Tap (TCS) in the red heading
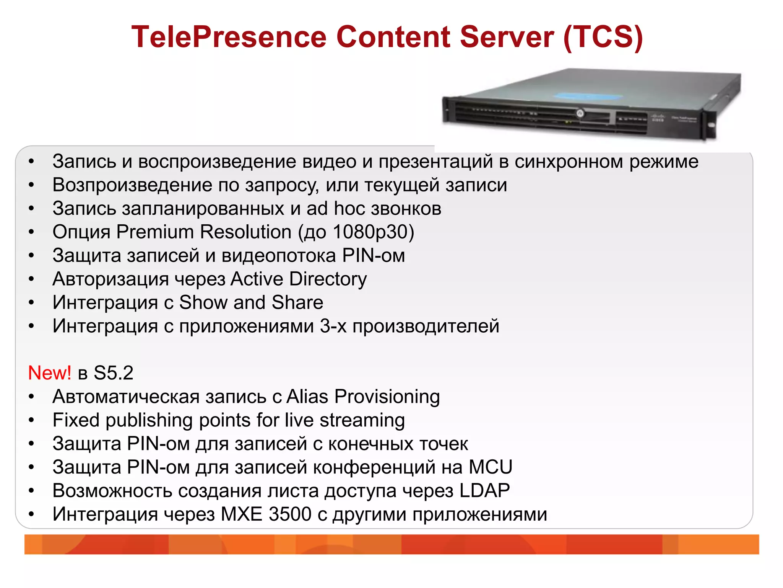point(603,37)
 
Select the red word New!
point(49,373)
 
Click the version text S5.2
point(114,373)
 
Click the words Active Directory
point(299,279)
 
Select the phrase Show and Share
point(251,302)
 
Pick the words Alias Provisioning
point(363,397)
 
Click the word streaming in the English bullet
point(362,420)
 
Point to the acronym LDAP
point(485,491)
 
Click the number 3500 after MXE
point(290,514)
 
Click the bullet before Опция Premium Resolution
point(31,232)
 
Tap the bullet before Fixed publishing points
point(31,420)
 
